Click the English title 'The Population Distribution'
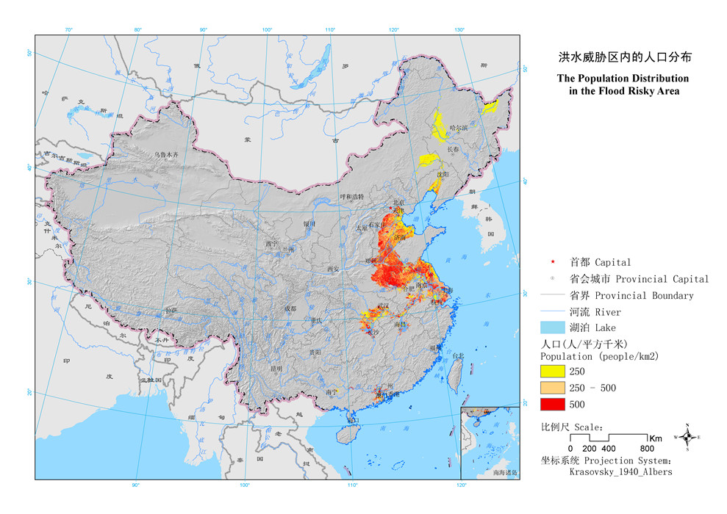[x=623, y=78]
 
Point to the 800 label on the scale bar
[x=647, y=448]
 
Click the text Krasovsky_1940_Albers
[x=620, y=471]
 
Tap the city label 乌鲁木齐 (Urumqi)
[x=167, y=155]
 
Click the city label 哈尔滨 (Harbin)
[x=458, y=127]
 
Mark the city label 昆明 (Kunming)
[x=276, y=368]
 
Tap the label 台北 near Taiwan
[x=457, y=356]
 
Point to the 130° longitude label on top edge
[x=459, y=29]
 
